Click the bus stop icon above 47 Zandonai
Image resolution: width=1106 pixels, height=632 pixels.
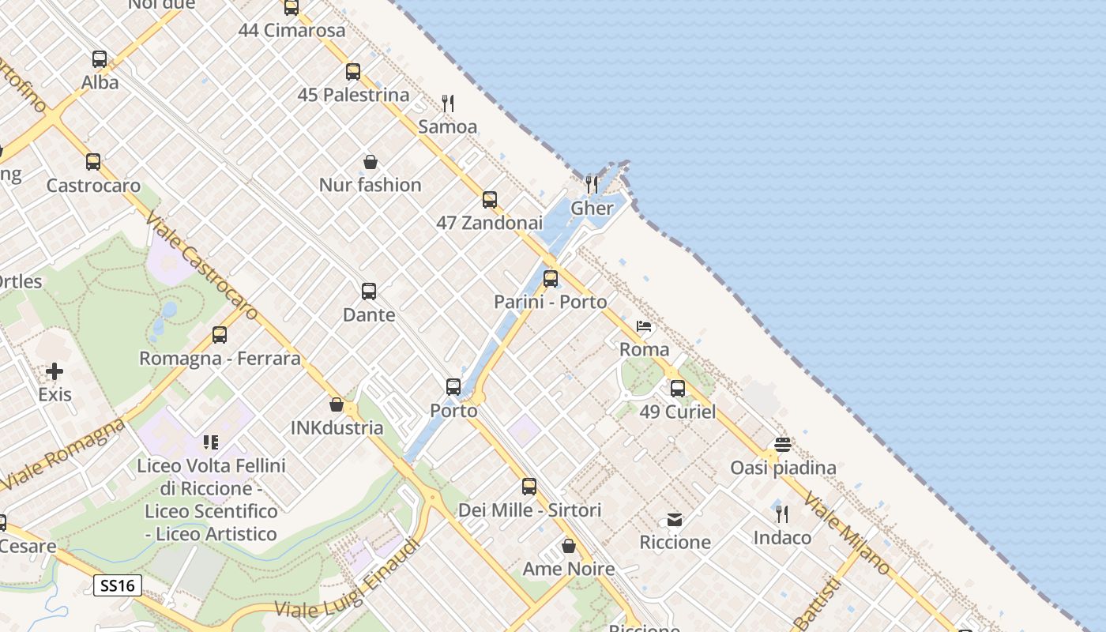pos(490,199)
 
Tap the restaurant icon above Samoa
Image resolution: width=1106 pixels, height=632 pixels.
pos(448,103)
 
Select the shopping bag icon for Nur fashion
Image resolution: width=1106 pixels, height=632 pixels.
pos(370,162)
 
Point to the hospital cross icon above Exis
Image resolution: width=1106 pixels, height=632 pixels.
pos(55,371)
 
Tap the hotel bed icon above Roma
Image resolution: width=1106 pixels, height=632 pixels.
pos(644,325)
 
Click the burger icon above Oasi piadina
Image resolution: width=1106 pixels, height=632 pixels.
pos(782,445)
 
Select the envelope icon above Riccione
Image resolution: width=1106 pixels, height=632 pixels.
pos(675,520)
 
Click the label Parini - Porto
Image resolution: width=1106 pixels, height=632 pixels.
pos(550,302)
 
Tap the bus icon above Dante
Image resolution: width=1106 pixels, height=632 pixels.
pos(369,292)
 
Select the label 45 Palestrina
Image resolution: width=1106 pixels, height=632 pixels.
pos(353,95)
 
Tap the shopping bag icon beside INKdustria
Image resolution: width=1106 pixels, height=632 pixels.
pos(337,404)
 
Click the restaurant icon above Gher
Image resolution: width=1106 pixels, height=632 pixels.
pos(592,185)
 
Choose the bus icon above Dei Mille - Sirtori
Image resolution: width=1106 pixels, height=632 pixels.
pos(529,487)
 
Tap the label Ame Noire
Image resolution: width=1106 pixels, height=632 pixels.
pos(568,569)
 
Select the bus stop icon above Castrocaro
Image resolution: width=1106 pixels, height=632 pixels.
pos(93,162)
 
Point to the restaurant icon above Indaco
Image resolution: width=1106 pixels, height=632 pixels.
pos(782,514)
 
